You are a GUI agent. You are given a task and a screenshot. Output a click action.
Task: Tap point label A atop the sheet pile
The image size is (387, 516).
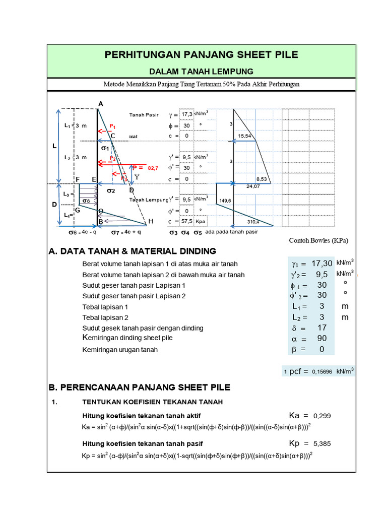(x=100, y=104)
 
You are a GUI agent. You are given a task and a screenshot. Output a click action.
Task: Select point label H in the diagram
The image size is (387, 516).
(x=150, y=222)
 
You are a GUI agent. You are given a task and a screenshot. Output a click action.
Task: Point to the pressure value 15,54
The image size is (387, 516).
(x=245, y=136)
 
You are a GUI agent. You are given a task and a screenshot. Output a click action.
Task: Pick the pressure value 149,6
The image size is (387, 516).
(x=225, y=201)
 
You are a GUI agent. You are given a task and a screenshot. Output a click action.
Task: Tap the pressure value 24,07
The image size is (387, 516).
(x=253, y=186)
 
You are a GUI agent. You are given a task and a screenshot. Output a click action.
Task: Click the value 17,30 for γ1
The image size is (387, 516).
(x=322, y=264)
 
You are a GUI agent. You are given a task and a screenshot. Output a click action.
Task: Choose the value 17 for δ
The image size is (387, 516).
(x=322, y=328)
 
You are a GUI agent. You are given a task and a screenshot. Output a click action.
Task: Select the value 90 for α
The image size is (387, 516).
(x=322, y=339)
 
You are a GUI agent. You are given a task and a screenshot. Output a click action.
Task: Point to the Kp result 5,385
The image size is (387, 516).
(x=322, y=444)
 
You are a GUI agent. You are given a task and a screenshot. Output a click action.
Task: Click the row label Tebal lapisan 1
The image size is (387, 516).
(x=105, y=306)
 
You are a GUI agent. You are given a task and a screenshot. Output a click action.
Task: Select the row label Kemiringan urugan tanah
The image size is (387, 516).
(x=120, y=349)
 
